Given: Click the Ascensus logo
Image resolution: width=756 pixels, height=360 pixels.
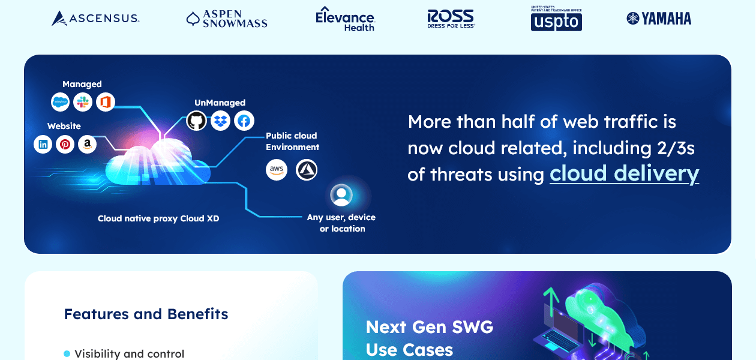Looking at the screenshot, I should click(95, 19).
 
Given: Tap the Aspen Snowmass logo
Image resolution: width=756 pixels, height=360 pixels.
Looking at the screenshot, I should click(227, 19).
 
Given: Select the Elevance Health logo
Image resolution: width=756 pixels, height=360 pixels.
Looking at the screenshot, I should click(345, 19).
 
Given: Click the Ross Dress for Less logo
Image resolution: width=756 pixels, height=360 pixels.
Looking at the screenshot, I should click(451, 19).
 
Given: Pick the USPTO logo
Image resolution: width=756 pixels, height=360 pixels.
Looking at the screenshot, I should click(556, 19).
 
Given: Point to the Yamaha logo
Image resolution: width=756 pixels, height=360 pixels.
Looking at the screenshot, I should click(659, 19).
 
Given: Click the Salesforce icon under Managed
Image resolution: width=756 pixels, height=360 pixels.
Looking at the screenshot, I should click(60, 102).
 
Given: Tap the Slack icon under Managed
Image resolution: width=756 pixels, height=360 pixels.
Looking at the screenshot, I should click(83, 102).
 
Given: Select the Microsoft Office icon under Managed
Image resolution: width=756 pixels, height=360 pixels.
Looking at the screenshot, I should click(106, 102).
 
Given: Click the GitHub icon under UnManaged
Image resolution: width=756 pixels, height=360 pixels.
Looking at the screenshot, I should click(196, 121).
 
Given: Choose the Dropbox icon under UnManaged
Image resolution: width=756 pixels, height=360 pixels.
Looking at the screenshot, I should click(220, 121).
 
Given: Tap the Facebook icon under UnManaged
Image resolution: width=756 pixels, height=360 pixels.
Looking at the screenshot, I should click(244, 121).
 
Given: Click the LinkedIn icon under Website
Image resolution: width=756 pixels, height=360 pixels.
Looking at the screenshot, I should click(43, 144).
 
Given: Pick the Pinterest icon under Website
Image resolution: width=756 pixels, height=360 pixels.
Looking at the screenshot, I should click(65, 144).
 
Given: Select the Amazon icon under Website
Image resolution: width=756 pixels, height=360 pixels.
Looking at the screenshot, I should click(87, 144).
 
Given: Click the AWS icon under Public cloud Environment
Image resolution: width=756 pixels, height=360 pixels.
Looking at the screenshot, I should click(277, 170).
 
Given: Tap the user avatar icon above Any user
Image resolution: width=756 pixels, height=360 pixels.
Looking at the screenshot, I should click(341, 195).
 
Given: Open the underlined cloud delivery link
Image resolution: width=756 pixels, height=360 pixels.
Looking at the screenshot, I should click(624, 173).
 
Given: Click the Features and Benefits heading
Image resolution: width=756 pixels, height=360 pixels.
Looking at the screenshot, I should click(146, 314).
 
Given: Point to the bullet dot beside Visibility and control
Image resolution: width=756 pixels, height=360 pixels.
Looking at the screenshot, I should click(67, 354).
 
